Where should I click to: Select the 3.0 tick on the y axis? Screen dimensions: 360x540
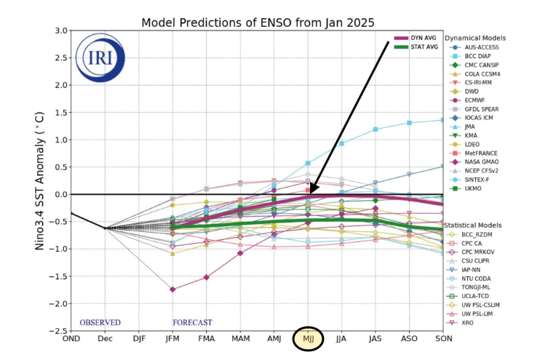tap(60, 31)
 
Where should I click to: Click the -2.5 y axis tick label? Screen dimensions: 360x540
tap(58, 331)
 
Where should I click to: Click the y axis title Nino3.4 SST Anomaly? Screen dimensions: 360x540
tap(42, 180)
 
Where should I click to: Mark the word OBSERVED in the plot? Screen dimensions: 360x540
tap(100, 322)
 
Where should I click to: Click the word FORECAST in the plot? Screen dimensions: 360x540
tap(192, 322)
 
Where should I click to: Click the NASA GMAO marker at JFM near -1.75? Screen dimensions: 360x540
tap(172, 289)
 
